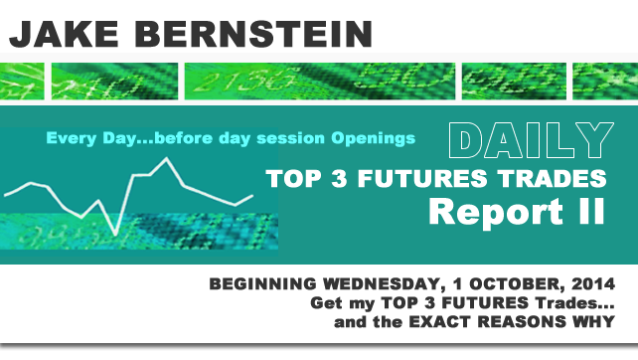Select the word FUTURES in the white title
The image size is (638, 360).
coord(424,180)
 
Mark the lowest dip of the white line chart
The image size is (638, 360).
coord(116,234)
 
